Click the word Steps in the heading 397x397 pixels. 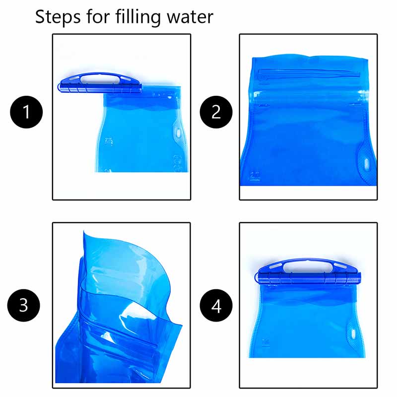(x=58, y=16)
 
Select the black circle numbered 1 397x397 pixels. (x=26, y=113)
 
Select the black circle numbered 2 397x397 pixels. (x=216, y=113)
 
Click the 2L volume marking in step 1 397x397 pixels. (x=110, y=141)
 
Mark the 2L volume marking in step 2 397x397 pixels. (x=257, y=175)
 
